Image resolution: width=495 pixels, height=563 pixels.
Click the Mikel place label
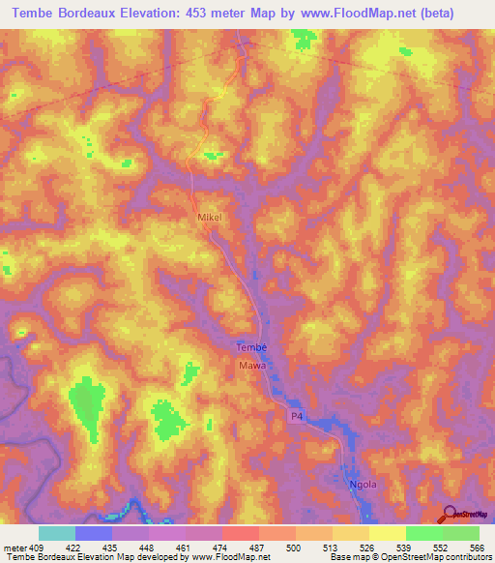[210, 219]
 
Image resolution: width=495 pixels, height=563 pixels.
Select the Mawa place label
[251, 367]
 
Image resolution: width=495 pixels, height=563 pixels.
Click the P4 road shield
[299, 416]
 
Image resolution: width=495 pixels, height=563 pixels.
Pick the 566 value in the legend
[477, 548]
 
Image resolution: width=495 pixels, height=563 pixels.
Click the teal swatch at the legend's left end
[56, 533]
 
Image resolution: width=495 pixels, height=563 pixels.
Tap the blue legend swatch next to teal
[93, 533]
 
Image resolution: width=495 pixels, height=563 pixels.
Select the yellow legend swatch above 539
[387, 533]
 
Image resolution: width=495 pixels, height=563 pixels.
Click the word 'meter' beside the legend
[15, 548]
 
